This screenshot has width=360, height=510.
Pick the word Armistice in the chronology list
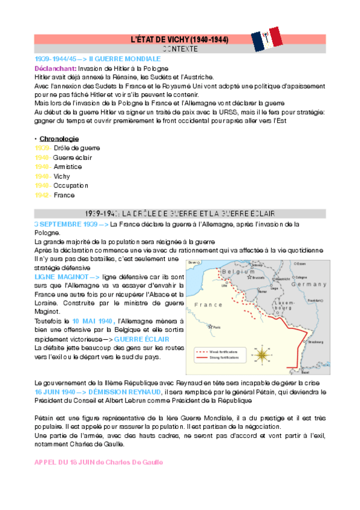coord(67,167)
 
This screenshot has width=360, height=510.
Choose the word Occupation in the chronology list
coord(71,186)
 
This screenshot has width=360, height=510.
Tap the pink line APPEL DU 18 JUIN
coord(99,462)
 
